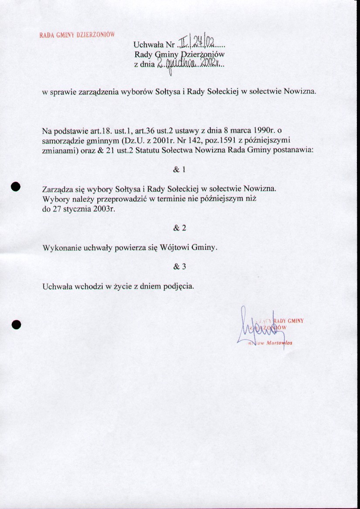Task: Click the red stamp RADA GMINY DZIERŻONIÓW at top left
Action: coord(77,35)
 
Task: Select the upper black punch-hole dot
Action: coord(16,186)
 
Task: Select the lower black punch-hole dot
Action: coord(16,324)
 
